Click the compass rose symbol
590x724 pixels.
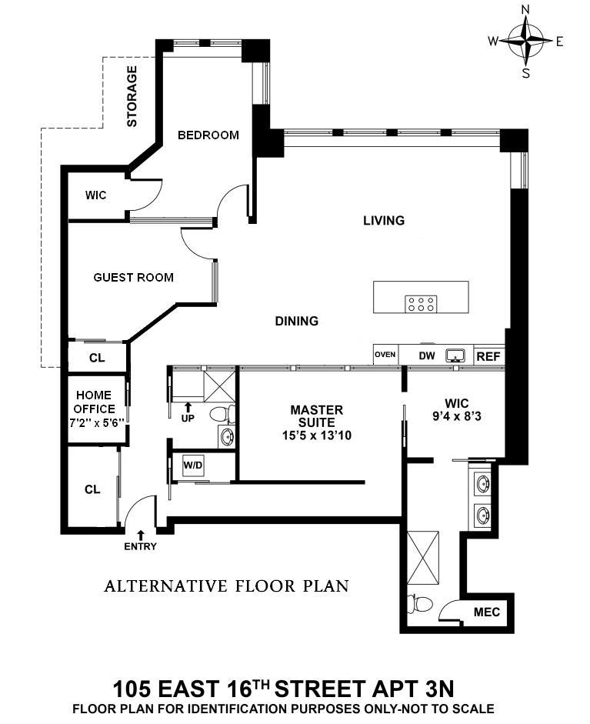tap(526, 41)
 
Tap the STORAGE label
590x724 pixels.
tap(132, 96)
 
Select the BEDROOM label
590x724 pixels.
tap(208, 135)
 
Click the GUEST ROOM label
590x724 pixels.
tap(133, 277)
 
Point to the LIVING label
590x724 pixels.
tap(384, 221)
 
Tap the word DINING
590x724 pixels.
tap(297, 321)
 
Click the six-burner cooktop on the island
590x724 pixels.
tap(420, 303)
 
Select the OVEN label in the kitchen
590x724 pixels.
tap(385, 355)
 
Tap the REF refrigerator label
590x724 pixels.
tap(488, 355)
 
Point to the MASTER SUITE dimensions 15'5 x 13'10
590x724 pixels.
tap(316, 435)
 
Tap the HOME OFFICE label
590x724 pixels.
tap(94, 409)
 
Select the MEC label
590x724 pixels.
tap(486, 612)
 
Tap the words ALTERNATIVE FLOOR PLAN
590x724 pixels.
tap(226, 586)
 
